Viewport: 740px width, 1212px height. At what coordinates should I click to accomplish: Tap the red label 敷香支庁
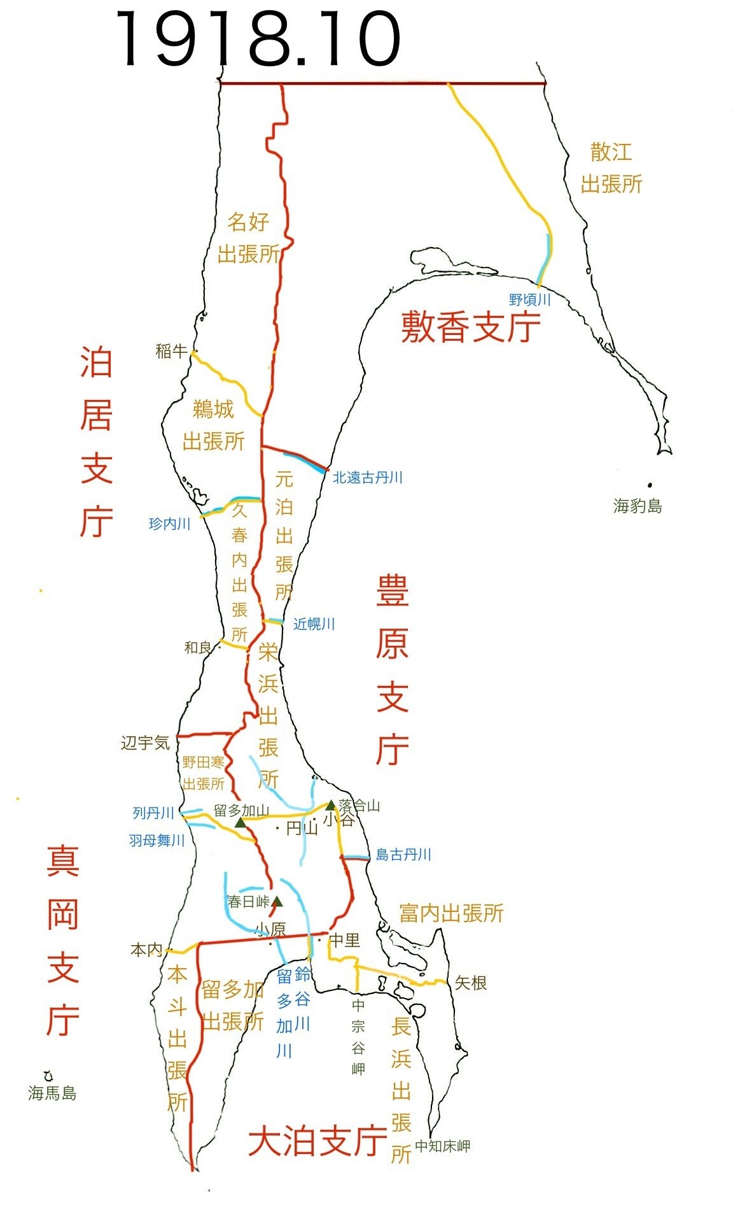[x=470, y=327]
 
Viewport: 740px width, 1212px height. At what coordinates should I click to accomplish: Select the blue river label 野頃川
[x=529, y=299]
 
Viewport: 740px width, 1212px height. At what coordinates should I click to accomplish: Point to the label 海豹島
[x=638, y=506]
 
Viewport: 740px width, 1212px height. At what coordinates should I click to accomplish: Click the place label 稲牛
[x=171, y=351]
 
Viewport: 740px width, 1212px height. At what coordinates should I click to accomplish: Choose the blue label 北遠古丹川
[x=367, y=478]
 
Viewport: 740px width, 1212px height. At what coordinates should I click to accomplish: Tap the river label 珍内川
[x=169, y=524]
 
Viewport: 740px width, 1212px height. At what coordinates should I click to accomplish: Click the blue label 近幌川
[x=314, y=624]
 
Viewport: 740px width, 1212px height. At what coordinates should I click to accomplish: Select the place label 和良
[x=198, y=648]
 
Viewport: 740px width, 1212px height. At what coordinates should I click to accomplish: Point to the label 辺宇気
[x=146, y=743]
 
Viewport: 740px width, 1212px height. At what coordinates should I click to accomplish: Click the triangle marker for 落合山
[x=331, y=806]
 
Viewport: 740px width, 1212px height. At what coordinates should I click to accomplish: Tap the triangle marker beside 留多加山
[x=241, y=823]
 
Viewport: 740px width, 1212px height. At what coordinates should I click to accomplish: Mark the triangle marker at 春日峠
[x=277, y=901]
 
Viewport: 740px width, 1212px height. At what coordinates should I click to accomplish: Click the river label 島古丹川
[x=403, y=855]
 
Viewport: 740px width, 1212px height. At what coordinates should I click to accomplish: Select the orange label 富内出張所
[x=451, y=913]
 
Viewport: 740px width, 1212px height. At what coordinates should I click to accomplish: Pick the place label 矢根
[x=471, y=983]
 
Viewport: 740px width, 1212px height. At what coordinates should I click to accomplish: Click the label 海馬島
[x=52, y=1094]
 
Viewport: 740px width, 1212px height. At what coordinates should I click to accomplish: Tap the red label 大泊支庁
[x=318, y=1141]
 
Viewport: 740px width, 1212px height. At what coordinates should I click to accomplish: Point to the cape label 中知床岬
[x=442, y=1146]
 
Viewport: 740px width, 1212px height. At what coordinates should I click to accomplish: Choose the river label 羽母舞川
[x=157, y=841]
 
